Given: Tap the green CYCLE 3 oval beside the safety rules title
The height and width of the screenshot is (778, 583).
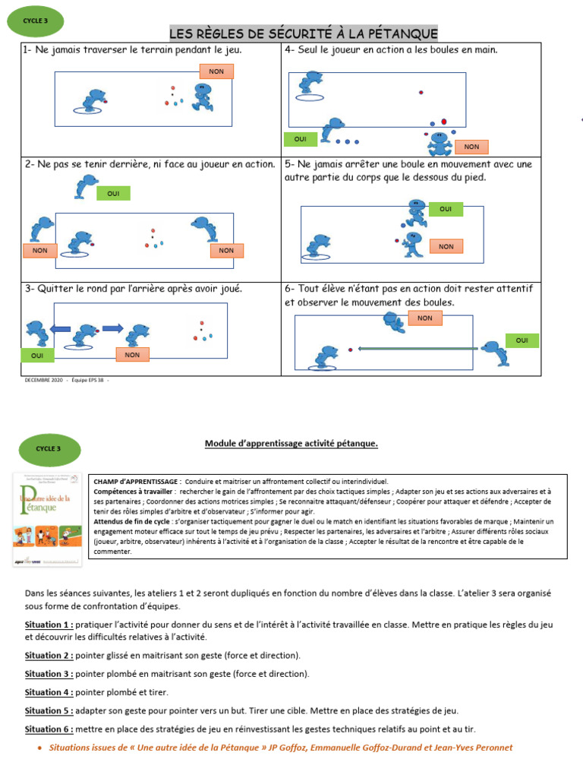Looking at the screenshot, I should point(36,21).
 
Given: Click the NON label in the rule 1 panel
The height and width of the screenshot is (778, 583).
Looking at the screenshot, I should point(216,71).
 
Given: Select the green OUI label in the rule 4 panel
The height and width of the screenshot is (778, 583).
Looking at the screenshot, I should point(300,139).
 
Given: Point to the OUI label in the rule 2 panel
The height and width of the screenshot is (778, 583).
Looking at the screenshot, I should point(113,194).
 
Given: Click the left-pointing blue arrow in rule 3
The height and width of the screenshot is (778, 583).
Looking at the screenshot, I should point(60,329).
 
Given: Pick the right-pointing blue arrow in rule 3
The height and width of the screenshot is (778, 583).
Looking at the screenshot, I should point(112,329).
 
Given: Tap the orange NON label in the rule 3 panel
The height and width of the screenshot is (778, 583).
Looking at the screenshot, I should point(132,354).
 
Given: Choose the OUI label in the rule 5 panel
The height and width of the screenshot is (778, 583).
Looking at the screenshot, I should point(446,208).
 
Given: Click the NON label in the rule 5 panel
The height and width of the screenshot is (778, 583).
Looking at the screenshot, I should point(446,246).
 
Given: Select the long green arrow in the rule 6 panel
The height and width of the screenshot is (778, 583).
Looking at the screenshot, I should point(418,349).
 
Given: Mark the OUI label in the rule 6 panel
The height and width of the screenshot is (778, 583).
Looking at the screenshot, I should point(522,340).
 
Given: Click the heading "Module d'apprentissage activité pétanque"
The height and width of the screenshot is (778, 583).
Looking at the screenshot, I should point(291,444).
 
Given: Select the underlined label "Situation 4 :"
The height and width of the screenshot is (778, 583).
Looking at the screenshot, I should point(49,692).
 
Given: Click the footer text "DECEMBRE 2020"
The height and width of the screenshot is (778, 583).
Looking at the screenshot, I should point(44,380).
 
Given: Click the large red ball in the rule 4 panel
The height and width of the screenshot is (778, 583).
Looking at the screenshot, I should point(444,120).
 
